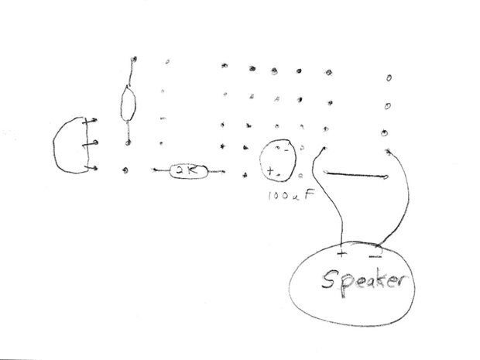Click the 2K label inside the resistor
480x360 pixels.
188,170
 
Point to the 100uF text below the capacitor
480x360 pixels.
291,194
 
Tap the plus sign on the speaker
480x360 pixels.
341,253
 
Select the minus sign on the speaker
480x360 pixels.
375,256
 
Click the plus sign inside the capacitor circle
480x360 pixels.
270,170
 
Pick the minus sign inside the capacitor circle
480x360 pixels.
286,150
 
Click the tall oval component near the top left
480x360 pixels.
129,104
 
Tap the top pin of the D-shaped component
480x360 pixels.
91,121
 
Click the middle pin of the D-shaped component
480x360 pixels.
91,143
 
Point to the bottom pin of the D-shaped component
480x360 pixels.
91,168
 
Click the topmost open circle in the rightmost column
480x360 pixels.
389,78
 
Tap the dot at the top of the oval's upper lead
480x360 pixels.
134,59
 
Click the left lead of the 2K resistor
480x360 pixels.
162,170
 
